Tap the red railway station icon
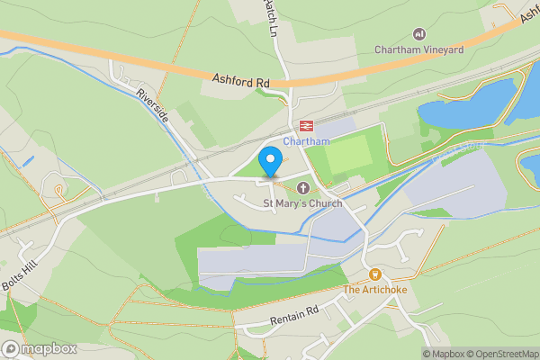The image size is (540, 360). coord(306,126)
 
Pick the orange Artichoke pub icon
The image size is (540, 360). coord(374,274)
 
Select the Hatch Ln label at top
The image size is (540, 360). coord(271,16)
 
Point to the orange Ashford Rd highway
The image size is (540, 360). coord(135,61)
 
